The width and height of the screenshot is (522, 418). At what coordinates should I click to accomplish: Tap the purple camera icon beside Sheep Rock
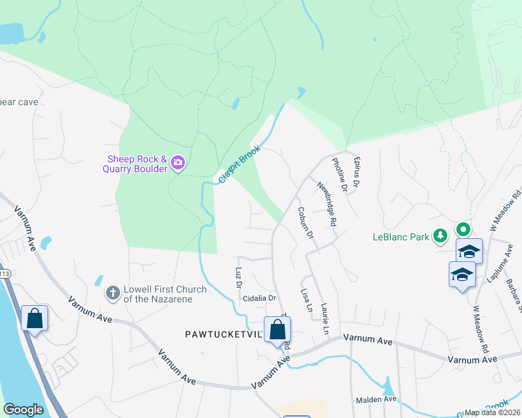[x=178, y=163]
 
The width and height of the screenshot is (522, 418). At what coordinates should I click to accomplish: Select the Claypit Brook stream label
[x=239, y=164]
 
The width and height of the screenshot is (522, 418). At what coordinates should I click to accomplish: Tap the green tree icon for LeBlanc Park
[x=440, y=236]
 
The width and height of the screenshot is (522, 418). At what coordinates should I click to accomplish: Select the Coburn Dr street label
[x=306, y=223]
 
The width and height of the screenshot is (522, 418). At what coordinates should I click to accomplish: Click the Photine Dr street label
[x=339, y=174]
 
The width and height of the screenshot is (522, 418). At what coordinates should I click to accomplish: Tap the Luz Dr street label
[x=238, y=278]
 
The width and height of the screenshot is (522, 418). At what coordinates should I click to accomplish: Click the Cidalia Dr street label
[x=259, y=298]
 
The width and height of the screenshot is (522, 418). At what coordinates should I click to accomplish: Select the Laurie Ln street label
[x=325, y=316]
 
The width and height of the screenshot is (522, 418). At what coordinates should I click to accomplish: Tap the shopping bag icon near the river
[x=34, y=320]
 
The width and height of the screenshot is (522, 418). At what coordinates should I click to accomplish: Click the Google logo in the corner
[x=23, y=410]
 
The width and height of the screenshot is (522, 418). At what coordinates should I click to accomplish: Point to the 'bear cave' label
[x=19, y=102]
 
